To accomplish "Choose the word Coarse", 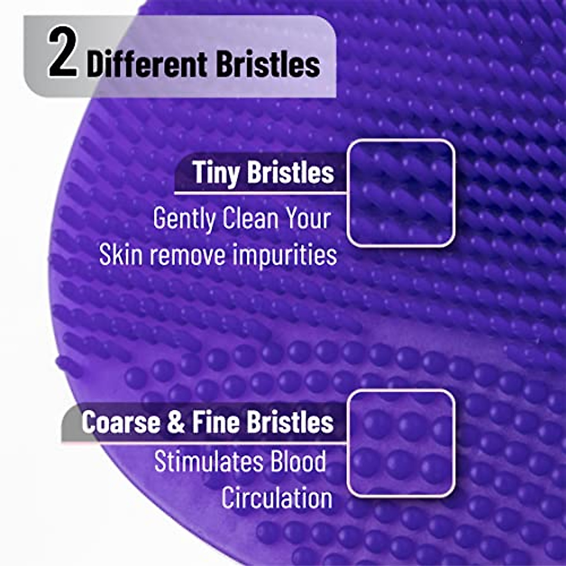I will (x=120, y=422).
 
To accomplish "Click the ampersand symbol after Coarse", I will (x=175, y=422).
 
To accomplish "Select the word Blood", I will (x=298, y=461).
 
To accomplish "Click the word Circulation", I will (x=277, y=498).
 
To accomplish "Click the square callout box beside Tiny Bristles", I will (x=401, y=193).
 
